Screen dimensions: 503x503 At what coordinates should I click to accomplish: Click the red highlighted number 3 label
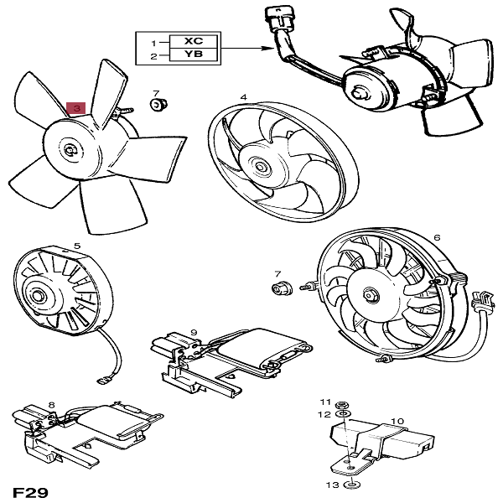coord(75,108)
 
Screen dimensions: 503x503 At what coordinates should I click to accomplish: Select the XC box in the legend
coord(192,41)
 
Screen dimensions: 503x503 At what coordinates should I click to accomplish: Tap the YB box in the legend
coord(192,56)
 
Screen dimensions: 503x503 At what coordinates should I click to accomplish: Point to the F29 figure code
coord(29,491)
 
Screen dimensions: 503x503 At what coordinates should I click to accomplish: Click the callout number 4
coord(243,97)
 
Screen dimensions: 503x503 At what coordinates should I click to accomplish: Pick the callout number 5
coord(77,246)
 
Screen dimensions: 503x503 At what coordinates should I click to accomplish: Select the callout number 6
coord(436,237)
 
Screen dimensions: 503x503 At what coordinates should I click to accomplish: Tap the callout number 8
coord(51,406)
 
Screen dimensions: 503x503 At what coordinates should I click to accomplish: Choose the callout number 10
coord(397,421)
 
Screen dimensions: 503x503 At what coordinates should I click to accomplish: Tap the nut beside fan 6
coord(279,289)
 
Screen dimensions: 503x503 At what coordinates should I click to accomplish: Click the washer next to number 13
coord(354,485)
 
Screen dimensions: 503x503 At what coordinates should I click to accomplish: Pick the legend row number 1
coord(153,41)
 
